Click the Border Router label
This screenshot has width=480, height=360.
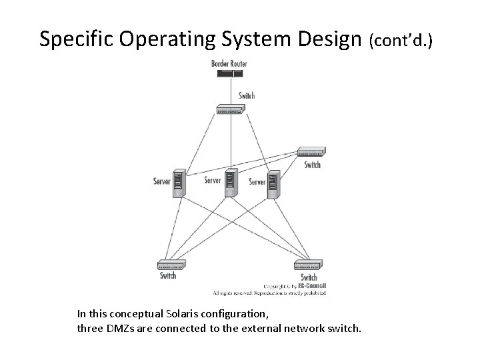pyautogui.click(x=229, y=63)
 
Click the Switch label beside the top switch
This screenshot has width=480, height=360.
pyautogui.click(x=247, y=95)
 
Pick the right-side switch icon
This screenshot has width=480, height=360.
pyautogui.click(x=311, y=152)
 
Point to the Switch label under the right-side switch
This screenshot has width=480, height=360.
pyautogui.click(x=312, y=165)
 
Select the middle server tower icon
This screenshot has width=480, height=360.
pyautogui.click(x=230, y=183)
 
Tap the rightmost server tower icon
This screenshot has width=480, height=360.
pyautogui.click(x=273, y=185)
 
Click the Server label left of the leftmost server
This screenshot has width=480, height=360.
pyautogui.click(x=161, y=181)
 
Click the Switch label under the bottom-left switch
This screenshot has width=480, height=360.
pyautogui.click(x=168, y=275)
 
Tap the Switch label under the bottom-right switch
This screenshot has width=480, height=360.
pyautogui.click(x=309, y=277)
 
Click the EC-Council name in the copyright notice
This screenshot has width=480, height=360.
pyautogui.click(x=313, y=286)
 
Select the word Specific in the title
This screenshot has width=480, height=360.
pyautogui.click(x=75, y=39)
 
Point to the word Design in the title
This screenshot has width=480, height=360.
pyautogui.click(x=329, y=39)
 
